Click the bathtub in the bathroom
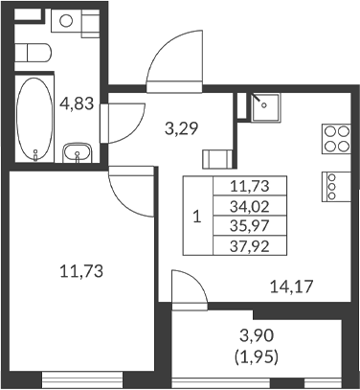click(x=34, y=118)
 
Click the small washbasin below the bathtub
click(x=77, y=151)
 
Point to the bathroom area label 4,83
click(x=77, y=103)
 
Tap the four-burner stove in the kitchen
click(x=335, y=139)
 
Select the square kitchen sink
click(x=263, y=107)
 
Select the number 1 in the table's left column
click(x=196, y=216)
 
